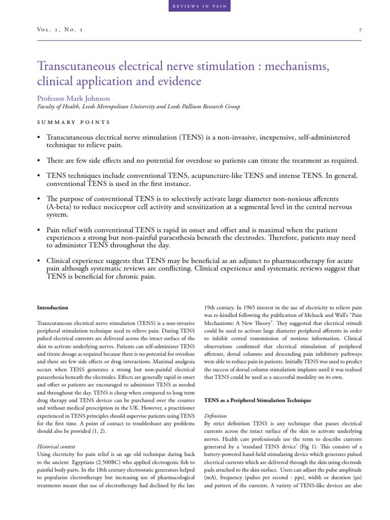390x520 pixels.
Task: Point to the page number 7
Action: (360, 30)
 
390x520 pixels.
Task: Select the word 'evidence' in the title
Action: (176, 81)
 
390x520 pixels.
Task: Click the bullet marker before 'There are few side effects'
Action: (39, 161)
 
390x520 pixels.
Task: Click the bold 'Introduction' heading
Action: (53, 307)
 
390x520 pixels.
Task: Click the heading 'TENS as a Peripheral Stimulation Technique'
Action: (257, 401)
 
